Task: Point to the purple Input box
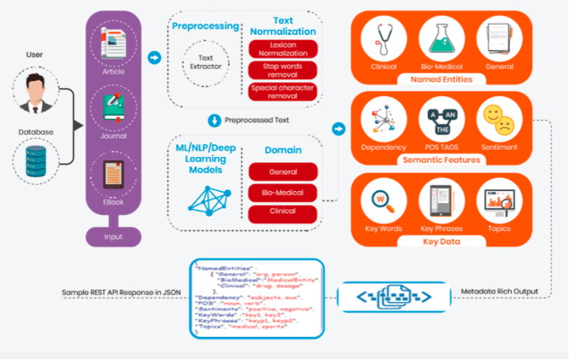point(113,236)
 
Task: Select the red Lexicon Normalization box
point(282,49)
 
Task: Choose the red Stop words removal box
point(282,70)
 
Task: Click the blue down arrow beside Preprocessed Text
point(213,121)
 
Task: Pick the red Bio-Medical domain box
point(283,193)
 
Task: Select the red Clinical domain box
point(283,213)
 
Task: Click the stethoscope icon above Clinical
point(384,37)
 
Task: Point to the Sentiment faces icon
point(498,121)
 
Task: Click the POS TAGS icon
point(441,121)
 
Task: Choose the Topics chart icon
point(498,202)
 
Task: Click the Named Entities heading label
point(441,79)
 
